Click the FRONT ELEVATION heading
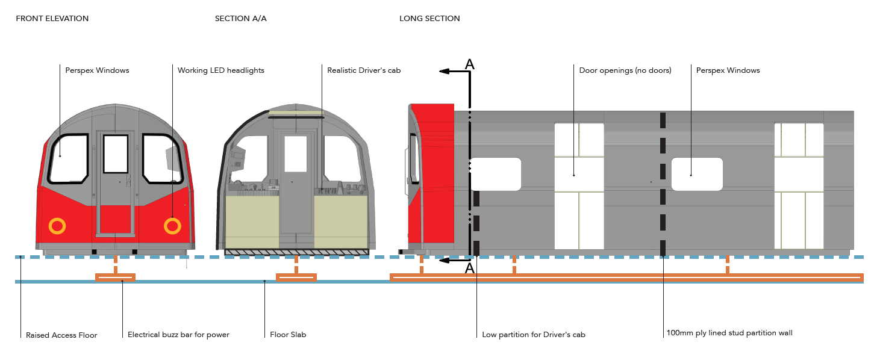click(x=52, y=19)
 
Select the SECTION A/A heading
click(x=240, y=19)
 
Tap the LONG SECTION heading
click(x=429, y=19)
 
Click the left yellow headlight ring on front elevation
click(x=57, y=226)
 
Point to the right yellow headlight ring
click(x=172, y=226)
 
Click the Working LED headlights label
click(x=220, y=70)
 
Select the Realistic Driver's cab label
click(x=364, y=70)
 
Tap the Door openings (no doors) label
click(x=625, y=70)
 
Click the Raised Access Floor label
click(x=61, y=335)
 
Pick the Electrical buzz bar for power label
click(x=178, y=335)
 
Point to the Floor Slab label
click(x=288, y=335)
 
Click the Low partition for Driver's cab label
click(x=534, y=335)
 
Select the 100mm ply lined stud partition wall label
click(x=729, y=333)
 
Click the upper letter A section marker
click(x=470, y=64)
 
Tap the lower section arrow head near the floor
click(x=444, y=261)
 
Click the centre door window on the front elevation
click(x=116, y=154)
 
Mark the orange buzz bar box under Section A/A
click(x=296, y=277)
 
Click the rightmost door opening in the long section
click(x=799, y=185)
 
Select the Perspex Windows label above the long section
click(x=728, y=70)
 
